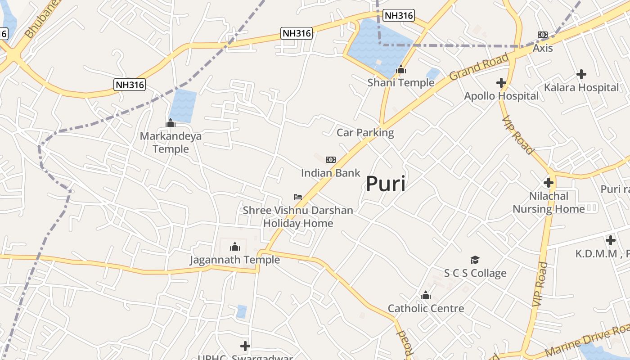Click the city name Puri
click(x=385, y=184)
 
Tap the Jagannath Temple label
click(x=234, y=260)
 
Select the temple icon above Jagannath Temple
click(x=234, y=247)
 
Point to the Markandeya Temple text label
click(x=171, y=142)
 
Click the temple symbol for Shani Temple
click(x=400, y=70)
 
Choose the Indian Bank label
click(x=330, y=173)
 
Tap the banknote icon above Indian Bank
click(x=331, y=160)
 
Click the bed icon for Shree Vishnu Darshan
click(x=297, y=197)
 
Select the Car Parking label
click(x=365, y=133)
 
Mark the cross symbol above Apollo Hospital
click(x=501, y=83)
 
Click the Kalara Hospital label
click(x=581, y=87)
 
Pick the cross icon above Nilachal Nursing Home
click(x=548, y=183)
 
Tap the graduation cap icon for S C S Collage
click(x=475, y=260)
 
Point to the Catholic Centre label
click(x=426, y=308)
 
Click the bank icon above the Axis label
click(x=543, y=35)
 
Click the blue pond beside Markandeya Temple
click(x=183, y=106)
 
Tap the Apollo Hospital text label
click(x=501, y=96)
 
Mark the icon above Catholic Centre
click(x=425, y=296)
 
